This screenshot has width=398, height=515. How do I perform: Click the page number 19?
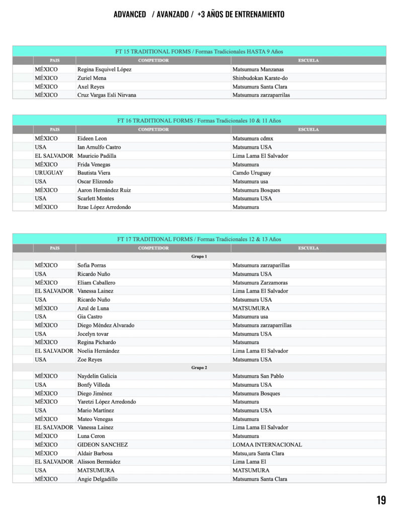click(x=381, y=499)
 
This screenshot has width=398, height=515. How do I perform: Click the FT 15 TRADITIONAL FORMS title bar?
click(x=199, y=51)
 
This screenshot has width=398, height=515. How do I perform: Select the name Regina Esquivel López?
click(x=104, y=69)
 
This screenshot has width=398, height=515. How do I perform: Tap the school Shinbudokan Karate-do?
click(x=260, y=78)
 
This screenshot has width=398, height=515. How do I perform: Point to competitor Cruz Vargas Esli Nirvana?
click(x=107, y=95)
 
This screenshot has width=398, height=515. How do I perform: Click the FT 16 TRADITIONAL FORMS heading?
click(x=199, y=121)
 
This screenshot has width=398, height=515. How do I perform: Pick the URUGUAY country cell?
click(x=49, y=173)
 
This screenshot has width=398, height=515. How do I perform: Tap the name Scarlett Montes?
click(x=96, y=198)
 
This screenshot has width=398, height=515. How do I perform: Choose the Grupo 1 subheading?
click(x=199, y=256)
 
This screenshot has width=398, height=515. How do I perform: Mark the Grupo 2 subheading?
click(x=199, y=368)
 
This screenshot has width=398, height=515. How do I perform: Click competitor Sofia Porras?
click(x=92, y=265)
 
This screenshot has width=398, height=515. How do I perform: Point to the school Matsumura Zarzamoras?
click(x=260, y=283)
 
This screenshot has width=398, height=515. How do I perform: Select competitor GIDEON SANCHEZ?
click(x=103, y=445)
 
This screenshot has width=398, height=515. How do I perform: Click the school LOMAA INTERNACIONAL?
click(x=267, y=445)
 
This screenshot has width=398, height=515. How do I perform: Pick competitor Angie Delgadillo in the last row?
click(x=98, y=479)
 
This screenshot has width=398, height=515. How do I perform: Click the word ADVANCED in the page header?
click(x=130, y=14)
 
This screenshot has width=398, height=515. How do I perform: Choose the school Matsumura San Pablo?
click(x=258, y=376)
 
